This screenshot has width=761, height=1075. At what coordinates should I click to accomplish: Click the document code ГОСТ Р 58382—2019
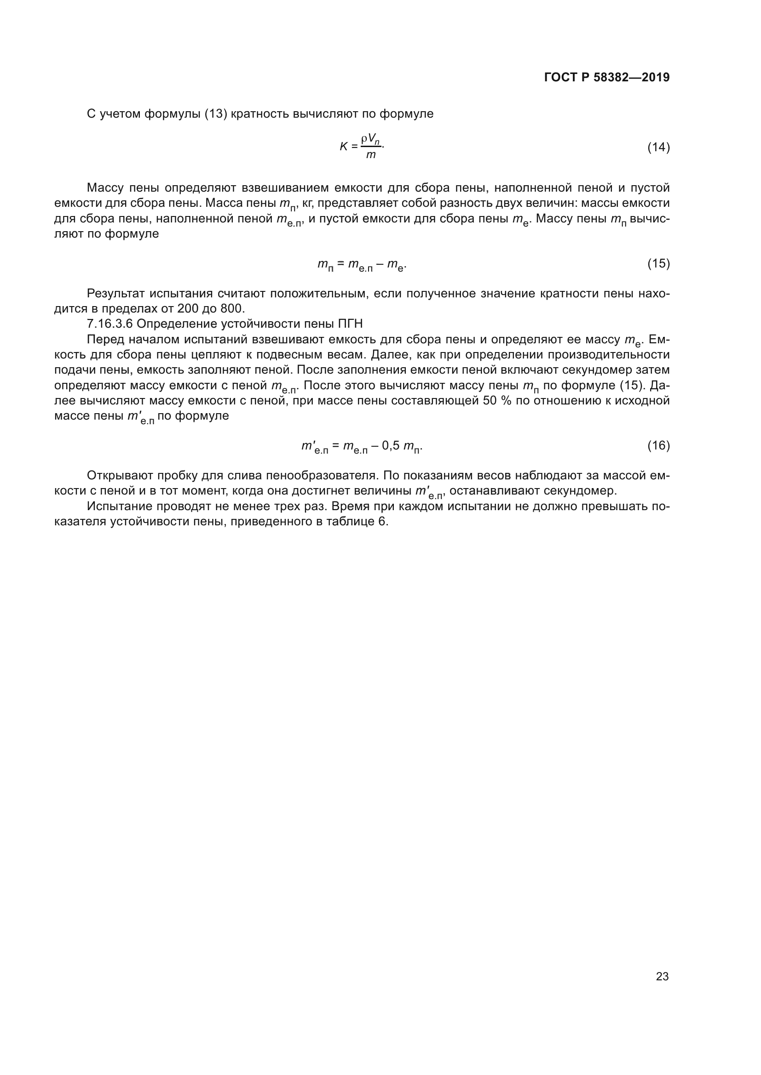click(x=607, y=77)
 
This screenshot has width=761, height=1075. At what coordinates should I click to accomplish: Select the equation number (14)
click(x=658, y=148)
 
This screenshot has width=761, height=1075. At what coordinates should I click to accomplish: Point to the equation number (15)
click(x=658, y=264)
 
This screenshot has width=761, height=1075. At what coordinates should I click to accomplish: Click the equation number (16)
click(x=658, y=445)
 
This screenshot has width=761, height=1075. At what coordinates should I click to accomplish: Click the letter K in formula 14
click(x=344, y=147)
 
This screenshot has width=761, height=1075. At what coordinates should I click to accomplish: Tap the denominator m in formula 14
click(x=371, y=155)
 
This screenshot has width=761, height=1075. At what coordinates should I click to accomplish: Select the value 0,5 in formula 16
click(x=391, y=445)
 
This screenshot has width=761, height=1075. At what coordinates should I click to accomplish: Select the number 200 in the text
click(x=187, y=308)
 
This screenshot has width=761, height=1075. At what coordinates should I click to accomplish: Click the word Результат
click(x=115, y=294)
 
